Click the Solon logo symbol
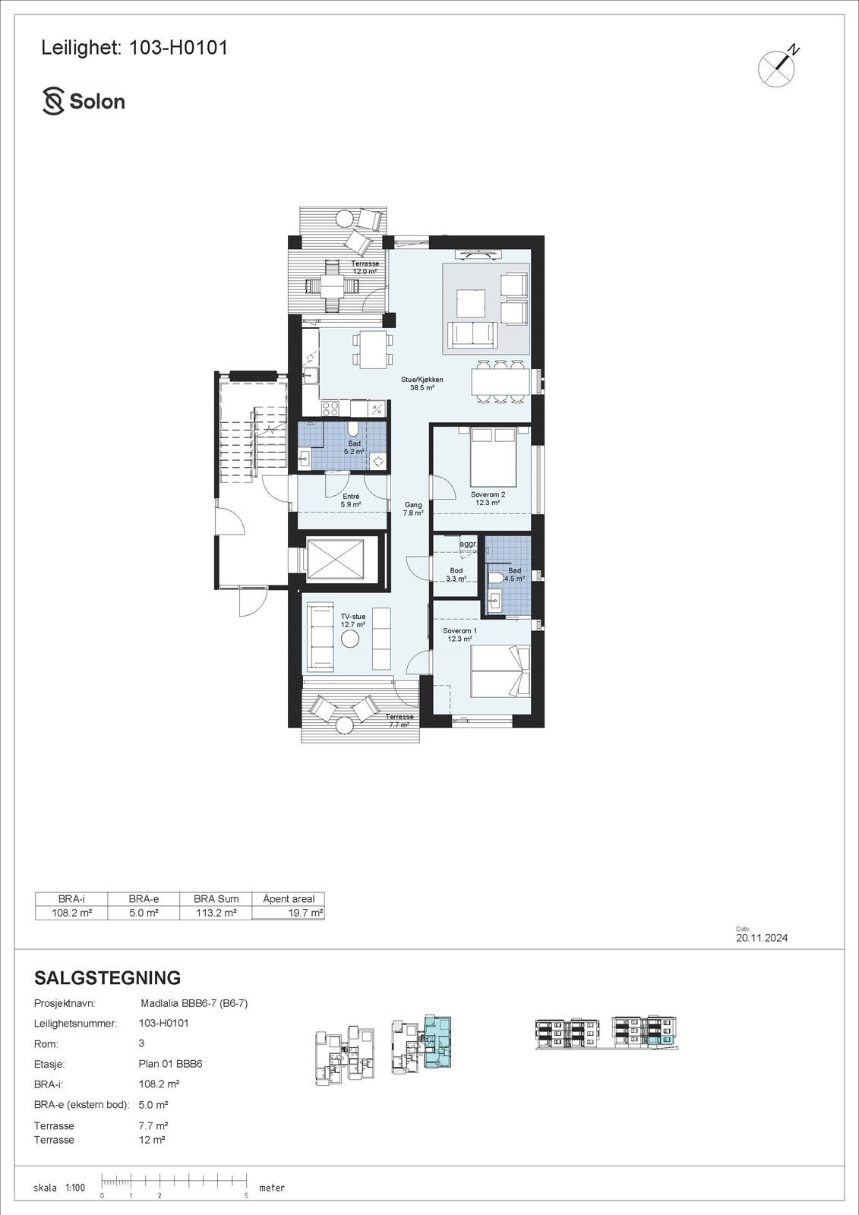53,101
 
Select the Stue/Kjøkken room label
422,383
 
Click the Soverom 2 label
488,498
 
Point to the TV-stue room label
353,620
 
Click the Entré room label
351,500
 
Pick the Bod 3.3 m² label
456,575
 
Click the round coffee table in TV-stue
350,639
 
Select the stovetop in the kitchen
331,409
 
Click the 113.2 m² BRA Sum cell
215,913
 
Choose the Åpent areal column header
289,899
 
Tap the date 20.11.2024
762,938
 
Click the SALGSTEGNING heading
108,977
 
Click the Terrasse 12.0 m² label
365,267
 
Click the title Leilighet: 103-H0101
134,48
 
